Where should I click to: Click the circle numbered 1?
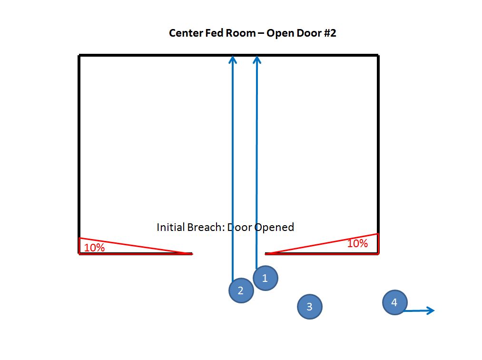[x=265, y=279]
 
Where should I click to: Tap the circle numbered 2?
[x=241, y=290]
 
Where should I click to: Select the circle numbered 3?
[x=310, y=307]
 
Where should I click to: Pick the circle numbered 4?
[x=394, y=302]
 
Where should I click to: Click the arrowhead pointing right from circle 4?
[x=431, y=310]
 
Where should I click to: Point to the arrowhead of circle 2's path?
[x=233, y=59]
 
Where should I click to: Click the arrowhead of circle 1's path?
[x=257, y=59]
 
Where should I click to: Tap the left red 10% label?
[x=94, y=248]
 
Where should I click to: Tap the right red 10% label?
[x=357, y=243]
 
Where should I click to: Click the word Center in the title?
[x=185, y=33]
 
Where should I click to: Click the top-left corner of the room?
[x=79, y=56]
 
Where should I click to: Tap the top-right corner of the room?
[x=378, y=56]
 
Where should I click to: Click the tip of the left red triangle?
[x=192, y=253]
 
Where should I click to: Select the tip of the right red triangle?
[x=266, y=253]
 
